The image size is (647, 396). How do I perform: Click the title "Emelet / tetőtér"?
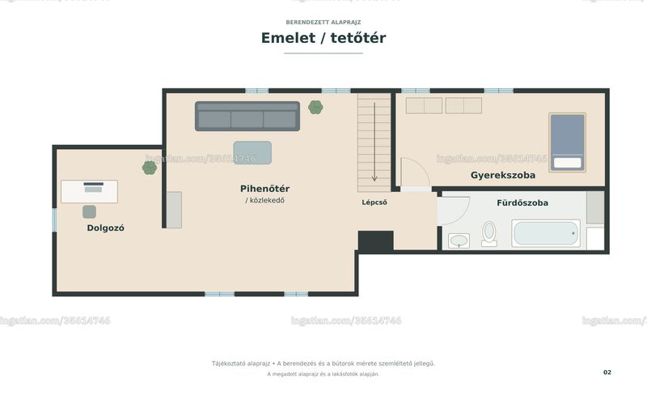323,38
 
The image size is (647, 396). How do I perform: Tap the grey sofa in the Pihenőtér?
247,116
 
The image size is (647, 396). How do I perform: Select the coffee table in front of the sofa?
252,152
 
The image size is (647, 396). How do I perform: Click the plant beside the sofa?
315,108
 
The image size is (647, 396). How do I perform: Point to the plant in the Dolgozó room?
150,168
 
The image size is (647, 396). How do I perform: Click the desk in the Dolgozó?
89,191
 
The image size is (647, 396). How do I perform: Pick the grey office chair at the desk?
89,211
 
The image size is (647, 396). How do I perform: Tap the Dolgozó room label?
106,228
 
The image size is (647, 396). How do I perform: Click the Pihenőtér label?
265,189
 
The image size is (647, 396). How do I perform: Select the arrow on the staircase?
374,142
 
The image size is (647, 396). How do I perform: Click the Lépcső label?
374,202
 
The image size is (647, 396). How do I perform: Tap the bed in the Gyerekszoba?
568,143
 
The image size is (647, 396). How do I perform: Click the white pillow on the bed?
568,163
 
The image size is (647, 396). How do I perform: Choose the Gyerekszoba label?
503,175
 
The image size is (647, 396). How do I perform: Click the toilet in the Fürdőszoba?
489,233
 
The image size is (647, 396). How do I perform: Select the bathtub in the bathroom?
546,233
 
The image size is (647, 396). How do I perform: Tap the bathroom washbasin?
459,241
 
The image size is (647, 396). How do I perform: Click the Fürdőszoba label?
522,203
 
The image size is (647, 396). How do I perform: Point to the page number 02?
607,373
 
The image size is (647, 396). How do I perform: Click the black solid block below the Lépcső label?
375,241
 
